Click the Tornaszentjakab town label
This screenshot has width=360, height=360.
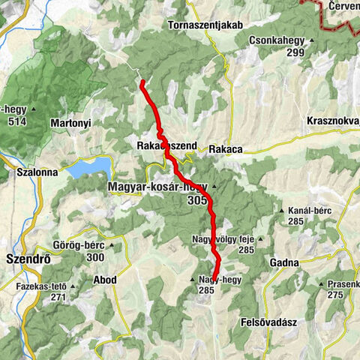(206, 25)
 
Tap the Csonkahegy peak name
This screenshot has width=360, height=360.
(277, 41)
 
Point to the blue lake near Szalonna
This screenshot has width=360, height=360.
(88, 167)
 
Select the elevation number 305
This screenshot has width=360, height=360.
(198, 201)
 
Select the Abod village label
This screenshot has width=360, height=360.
(104, 280)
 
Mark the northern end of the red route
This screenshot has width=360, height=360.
(141, 82)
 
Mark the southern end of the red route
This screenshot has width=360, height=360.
(215, 278)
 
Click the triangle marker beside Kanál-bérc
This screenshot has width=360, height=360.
(282, 211)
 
